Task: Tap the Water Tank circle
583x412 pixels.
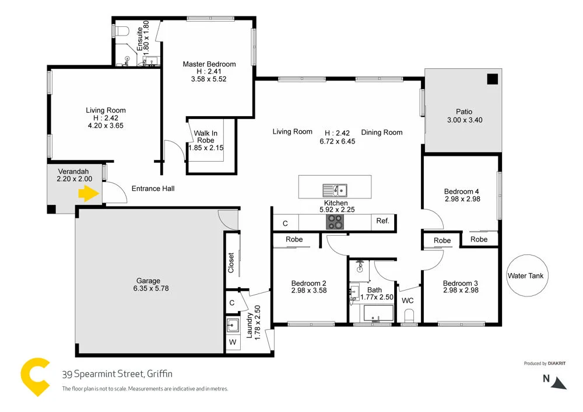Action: [x=527, y=275]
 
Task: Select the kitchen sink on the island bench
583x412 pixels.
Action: [x=335, y=190]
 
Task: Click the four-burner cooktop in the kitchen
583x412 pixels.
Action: [x=335, y=222]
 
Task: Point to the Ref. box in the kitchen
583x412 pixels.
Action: [x=383, y=222]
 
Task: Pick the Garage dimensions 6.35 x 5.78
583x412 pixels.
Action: [x=149, y=288]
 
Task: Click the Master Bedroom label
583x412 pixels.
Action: [x=209, y=64]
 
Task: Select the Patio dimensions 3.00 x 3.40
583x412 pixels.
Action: [x=464, y=120]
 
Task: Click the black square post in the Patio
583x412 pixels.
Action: [x=493, y=79]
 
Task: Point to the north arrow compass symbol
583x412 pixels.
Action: [x=559, y=382]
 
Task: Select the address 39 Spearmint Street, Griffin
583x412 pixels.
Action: [x=117, y=374]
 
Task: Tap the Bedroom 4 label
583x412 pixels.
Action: [x=461, y=191]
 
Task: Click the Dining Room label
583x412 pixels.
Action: [x=382, y=132]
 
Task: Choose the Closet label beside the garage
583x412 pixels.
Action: [x=231, y=263]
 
